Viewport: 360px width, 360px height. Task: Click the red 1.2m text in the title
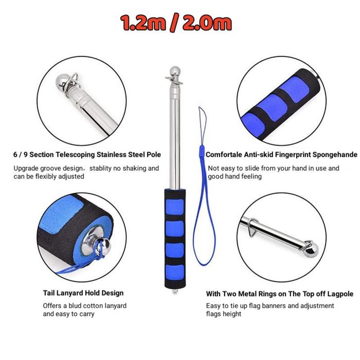(x=143, y=23)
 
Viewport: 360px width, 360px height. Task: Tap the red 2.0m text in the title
(x=207, y=23)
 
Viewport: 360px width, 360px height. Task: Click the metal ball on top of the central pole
(x=175, y=70)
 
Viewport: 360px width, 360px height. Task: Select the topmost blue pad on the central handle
(x=175, y=207)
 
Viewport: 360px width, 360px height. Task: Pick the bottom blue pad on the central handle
(x=175, y=273)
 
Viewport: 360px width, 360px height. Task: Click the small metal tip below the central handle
(x=175, y=292)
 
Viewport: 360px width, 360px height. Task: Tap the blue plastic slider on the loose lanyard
(x=202, y=151)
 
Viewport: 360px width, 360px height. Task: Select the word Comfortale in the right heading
(x=224, y=154)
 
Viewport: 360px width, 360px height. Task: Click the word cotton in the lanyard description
(x=92, y=306)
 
